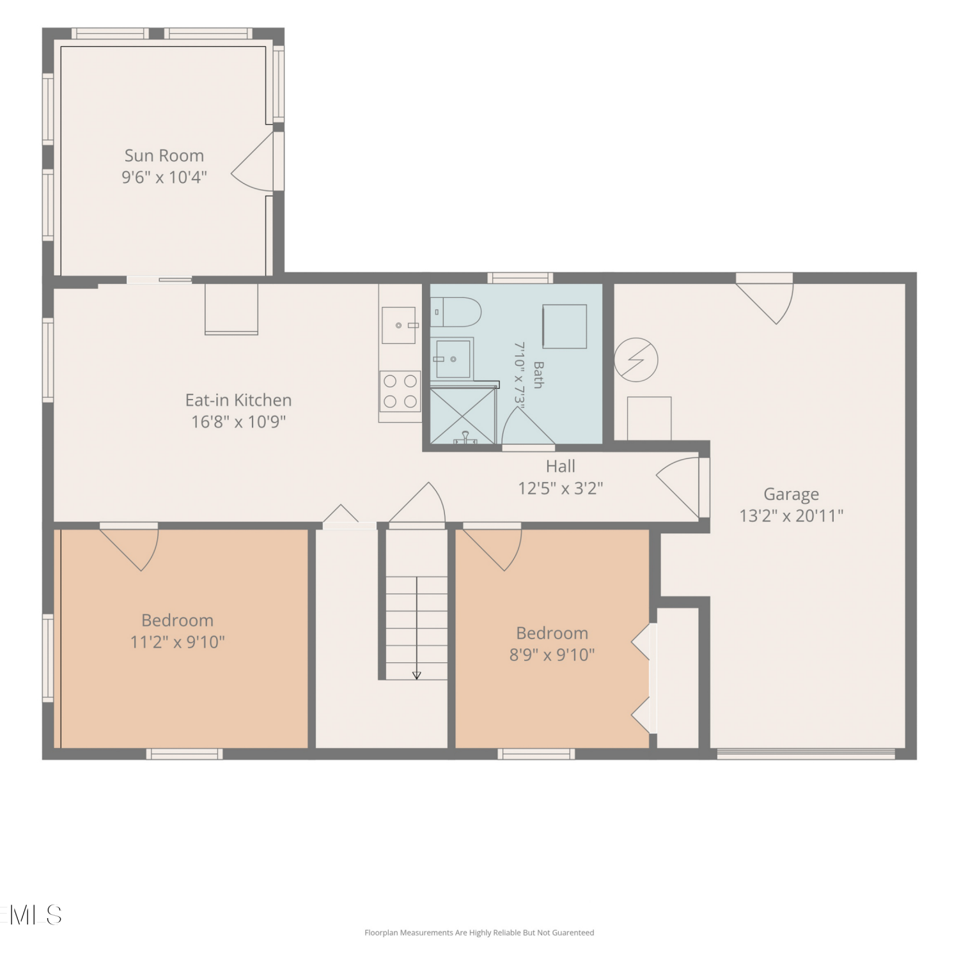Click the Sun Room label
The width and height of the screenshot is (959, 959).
164,155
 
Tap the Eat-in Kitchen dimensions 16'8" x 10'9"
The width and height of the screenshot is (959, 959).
238,422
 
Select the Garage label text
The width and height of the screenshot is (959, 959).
791,494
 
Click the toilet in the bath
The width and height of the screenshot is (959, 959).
456,312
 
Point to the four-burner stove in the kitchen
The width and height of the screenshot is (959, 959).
400,391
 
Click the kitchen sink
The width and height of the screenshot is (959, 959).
399,325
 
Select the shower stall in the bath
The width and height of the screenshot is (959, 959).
463,415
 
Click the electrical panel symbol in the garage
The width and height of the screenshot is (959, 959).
636,359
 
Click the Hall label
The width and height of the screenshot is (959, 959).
561,466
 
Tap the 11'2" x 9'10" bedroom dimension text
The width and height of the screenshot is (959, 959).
178,642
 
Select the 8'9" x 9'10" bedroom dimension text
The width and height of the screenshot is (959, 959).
552,655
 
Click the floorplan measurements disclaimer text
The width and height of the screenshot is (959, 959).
479,933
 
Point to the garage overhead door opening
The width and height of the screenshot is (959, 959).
806,754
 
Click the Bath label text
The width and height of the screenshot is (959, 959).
538,375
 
